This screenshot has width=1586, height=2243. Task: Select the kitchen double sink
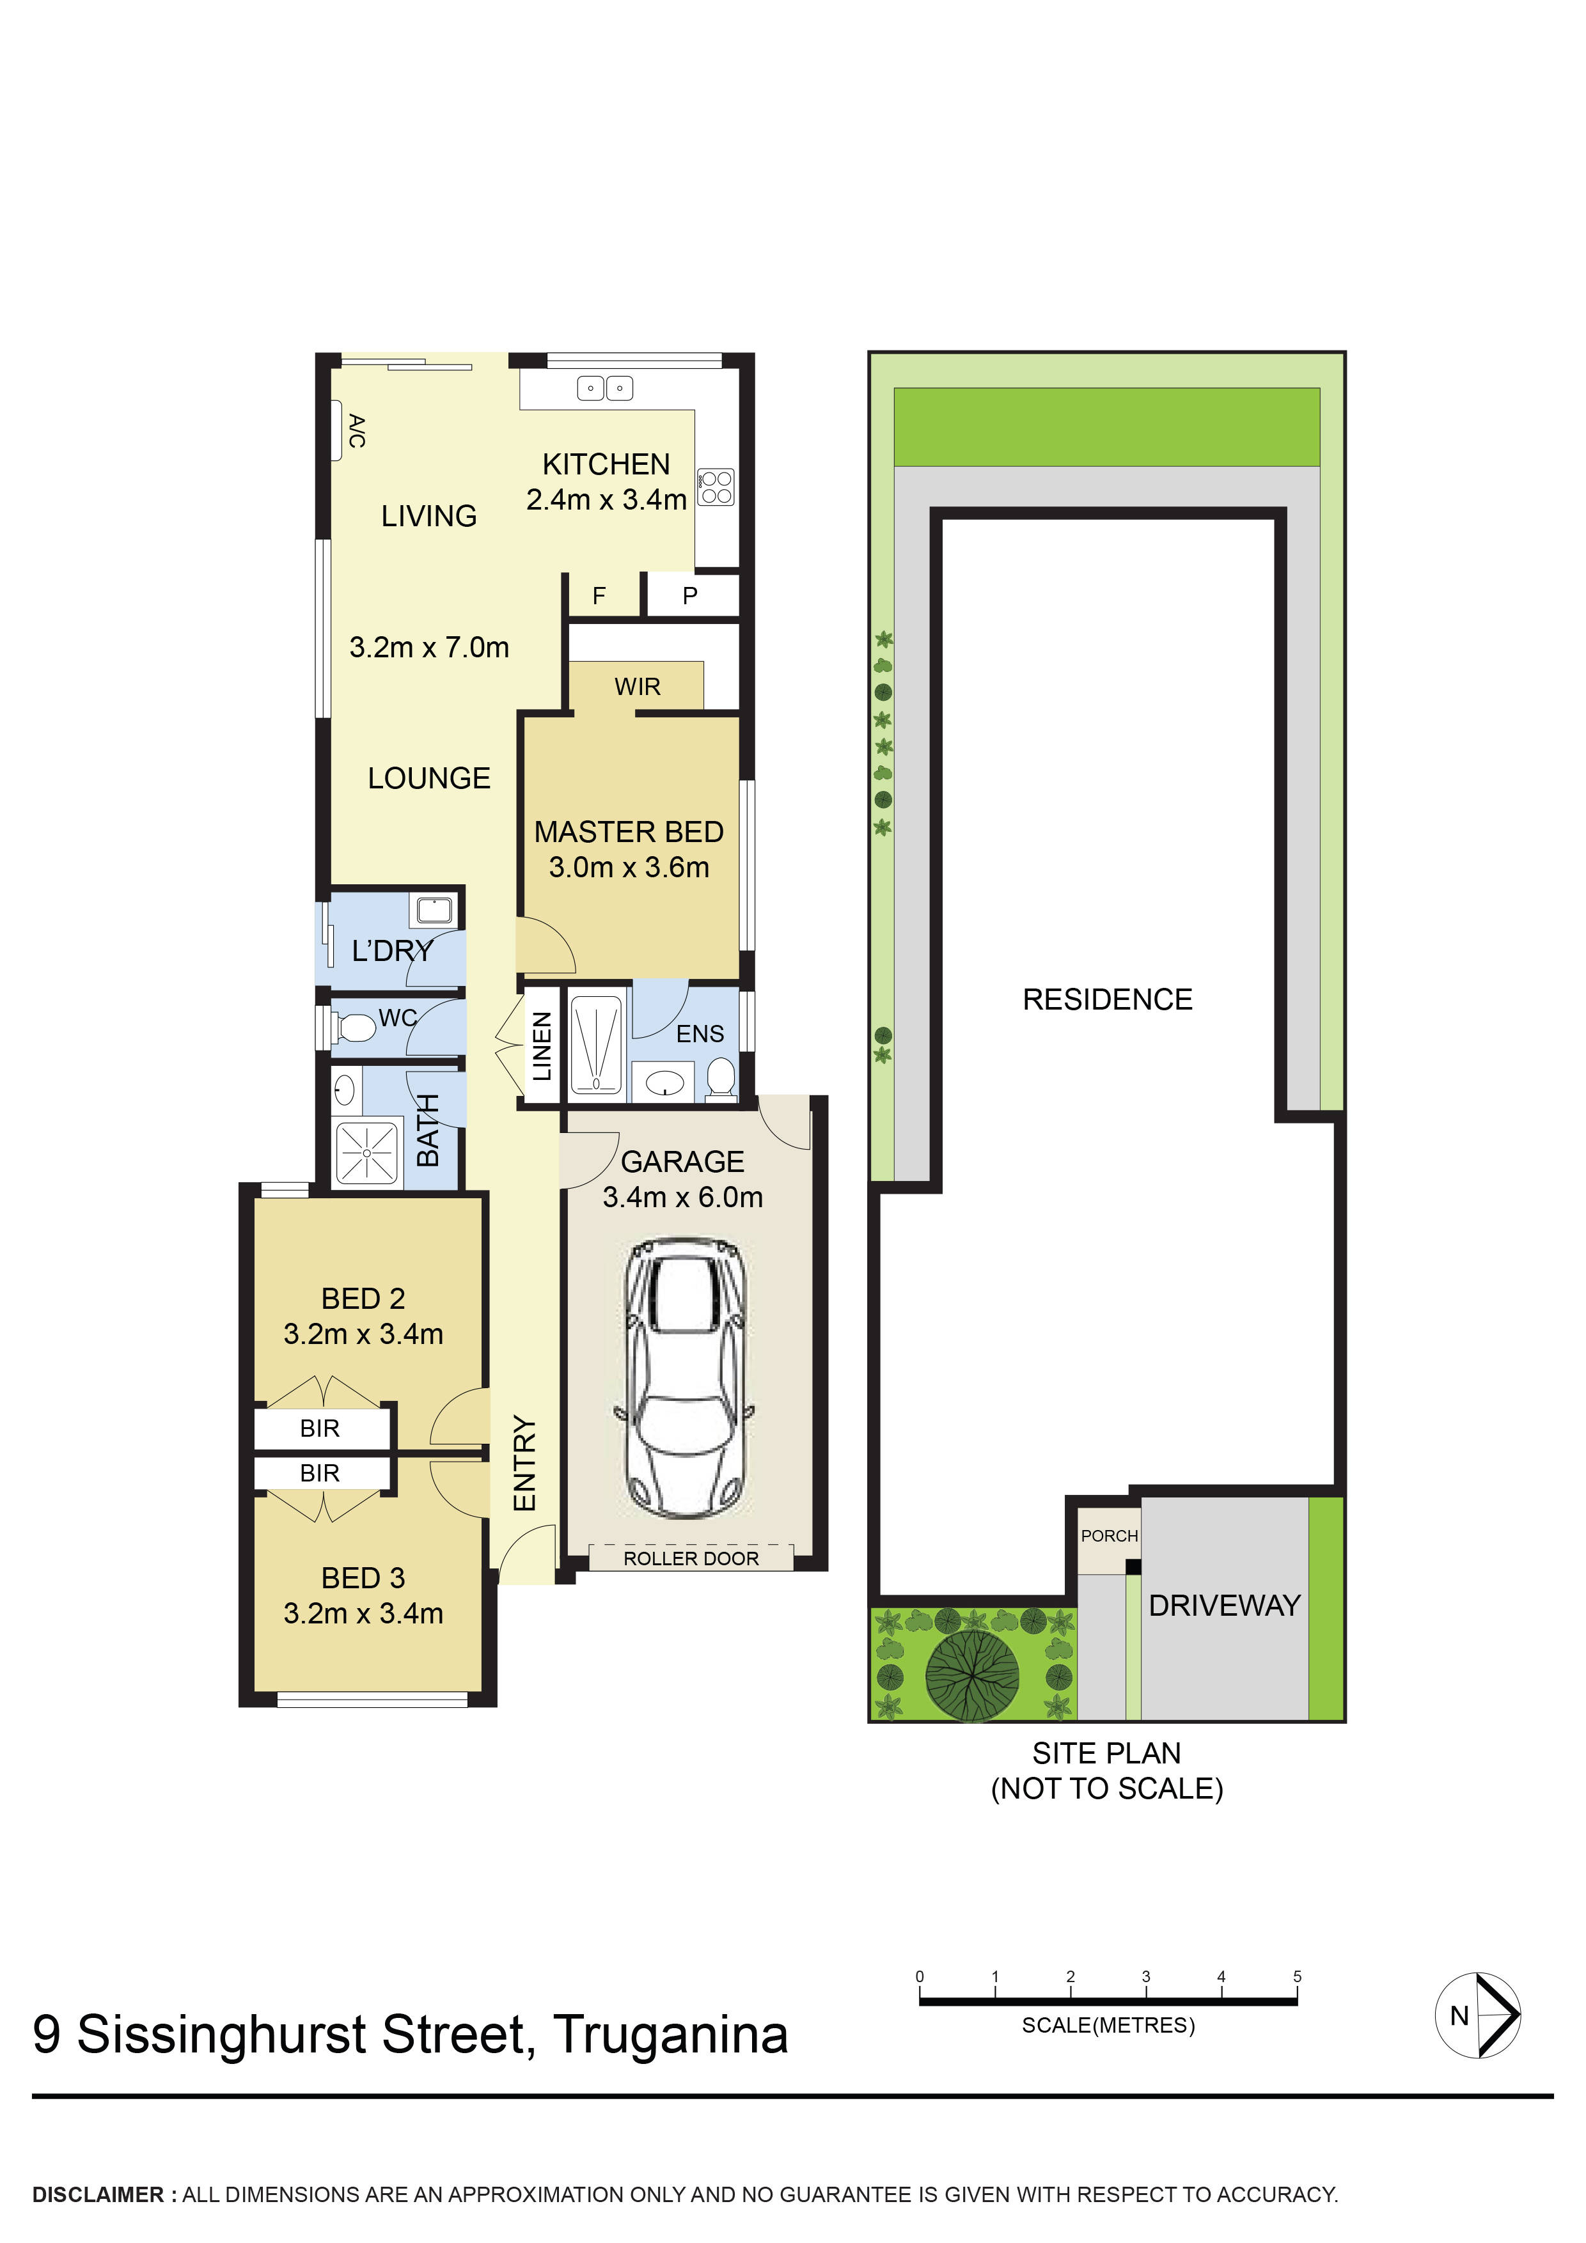605,389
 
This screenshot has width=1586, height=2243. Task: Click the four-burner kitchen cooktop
716,487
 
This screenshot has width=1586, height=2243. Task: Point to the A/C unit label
357,431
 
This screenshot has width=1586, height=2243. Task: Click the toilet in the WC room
355,1028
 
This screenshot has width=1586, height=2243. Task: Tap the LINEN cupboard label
542,1046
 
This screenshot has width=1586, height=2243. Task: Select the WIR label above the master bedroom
637,687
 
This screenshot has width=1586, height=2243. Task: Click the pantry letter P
690,596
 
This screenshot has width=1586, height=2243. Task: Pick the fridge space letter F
599,596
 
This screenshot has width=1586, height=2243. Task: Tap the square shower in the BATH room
366,1153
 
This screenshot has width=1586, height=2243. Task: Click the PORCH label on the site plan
1109,1536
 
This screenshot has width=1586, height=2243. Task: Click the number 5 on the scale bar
1297,1976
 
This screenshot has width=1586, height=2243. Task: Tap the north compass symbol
1477,2015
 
